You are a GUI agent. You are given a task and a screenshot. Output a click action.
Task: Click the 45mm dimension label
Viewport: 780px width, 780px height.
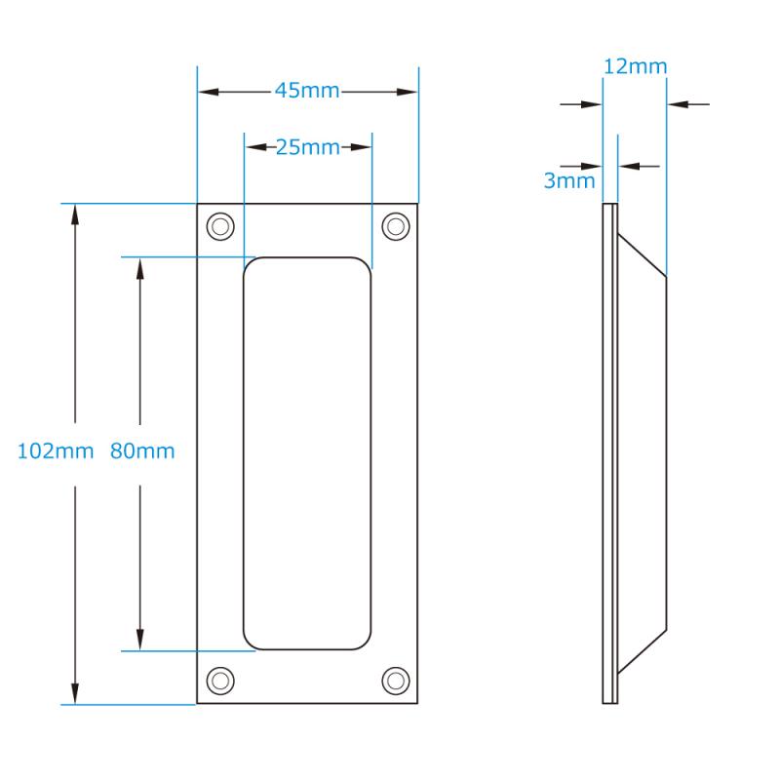[x=307, y=91]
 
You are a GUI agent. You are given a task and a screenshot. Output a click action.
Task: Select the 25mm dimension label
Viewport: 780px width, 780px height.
[x=307, y=147]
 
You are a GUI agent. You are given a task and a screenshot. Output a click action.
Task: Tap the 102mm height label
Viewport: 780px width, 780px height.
[x=56, y=451]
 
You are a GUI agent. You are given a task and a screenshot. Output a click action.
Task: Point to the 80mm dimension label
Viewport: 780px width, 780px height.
[x=142, y=451]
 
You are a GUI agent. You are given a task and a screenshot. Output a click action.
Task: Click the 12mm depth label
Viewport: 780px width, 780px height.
[x=636, y=66]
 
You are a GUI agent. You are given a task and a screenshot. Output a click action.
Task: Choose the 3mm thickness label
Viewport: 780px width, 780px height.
[x=569, y=180]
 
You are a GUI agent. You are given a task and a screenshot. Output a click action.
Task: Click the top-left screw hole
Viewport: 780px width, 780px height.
[x=220, y=226]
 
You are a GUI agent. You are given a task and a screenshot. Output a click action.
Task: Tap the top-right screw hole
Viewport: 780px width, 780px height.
[x=396, y=226]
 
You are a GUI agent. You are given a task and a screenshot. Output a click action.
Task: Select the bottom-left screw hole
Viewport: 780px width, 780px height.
[x=220, y=681]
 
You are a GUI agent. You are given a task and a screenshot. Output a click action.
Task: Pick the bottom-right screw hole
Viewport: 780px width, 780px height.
[x=396, y=681]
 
